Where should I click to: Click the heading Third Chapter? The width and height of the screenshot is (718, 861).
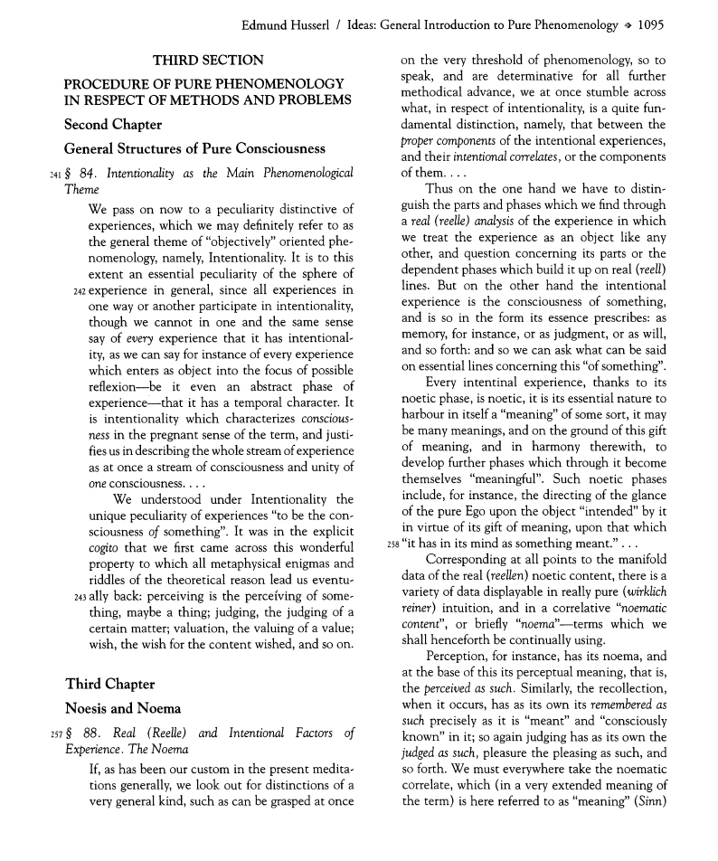pyautogui.click(x=110, y=683)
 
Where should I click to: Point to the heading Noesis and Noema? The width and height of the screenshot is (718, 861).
pyautogui.click(x=124, y=708)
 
